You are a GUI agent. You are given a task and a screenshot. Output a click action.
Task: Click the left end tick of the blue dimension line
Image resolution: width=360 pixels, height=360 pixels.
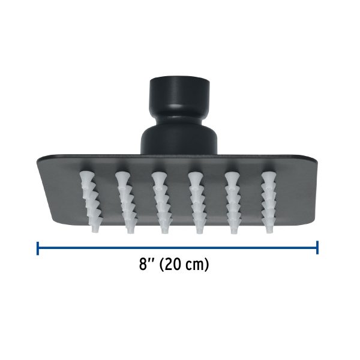[x=38, y=247]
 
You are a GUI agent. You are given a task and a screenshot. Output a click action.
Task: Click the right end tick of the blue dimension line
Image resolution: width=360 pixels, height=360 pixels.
[x=317, y=247]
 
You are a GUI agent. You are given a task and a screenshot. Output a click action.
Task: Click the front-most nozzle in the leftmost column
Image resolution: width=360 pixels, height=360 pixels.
[x=95, y=226]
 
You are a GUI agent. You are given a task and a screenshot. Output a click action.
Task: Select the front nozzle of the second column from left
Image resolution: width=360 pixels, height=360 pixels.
[x=130, y=226]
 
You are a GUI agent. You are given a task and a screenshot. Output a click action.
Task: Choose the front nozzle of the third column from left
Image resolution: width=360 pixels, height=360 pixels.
[x=163, y=226]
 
